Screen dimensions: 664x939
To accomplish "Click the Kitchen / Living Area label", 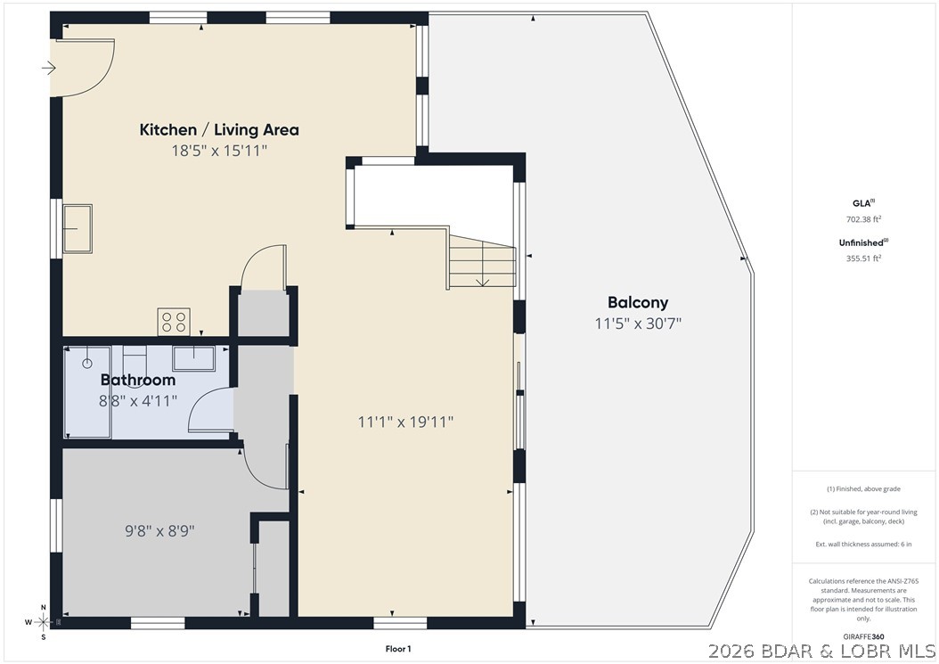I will point(219,130).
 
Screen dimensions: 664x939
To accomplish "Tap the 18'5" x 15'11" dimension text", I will point(219,151).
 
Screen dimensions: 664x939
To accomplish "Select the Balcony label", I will point(637,302).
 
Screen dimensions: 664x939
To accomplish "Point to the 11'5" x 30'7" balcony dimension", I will point(637,324).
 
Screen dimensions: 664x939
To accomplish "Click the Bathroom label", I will point(137,381).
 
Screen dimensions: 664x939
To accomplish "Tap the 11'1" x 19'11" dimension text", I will point(405,422).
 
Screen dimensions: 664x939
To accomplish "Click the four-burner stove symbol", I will point(173,321).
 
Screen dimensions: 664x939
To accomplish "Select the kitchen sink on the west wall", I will point(78,228).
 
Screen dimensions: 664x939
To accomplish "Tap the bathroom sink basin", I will point(192,357).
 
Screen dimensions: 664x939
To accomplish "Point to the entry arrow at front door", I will point(49,68).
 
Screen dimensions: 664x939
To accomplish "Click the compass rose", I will point(43,621).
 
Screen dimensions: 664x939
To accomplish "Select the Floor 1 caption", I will point(397,649).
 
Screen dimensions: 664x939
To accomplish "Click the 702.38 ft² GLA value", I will point(863,219).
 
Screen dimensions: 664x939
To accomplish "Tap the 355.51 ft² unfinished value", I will point(863,258).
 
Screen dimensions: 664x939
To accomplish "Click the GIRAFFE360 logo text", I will point(864,636).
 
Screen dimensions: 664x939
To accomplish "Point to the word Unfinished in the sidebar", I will point(861,242).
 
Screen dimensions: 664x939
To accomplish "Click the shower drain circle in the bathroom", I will point(87,364).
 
